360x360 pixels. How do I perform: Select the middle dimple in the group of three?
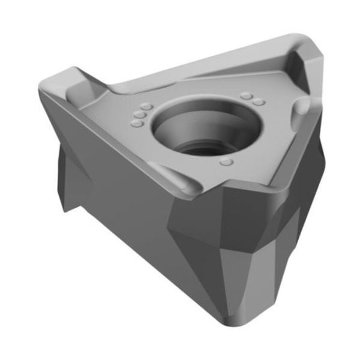pos(139,114)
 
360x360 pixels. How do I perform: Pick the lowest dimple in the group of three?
pos(136,123)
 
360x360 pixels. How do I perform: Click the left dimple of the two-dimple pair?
pos(246,95)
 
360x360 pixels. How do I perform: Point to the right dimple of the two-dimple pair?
pos(259,102)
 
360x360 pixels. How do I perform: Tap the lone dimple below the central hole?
pos(226,163)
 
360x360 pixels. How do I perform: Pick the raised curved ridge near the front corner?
pos(180,180)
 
